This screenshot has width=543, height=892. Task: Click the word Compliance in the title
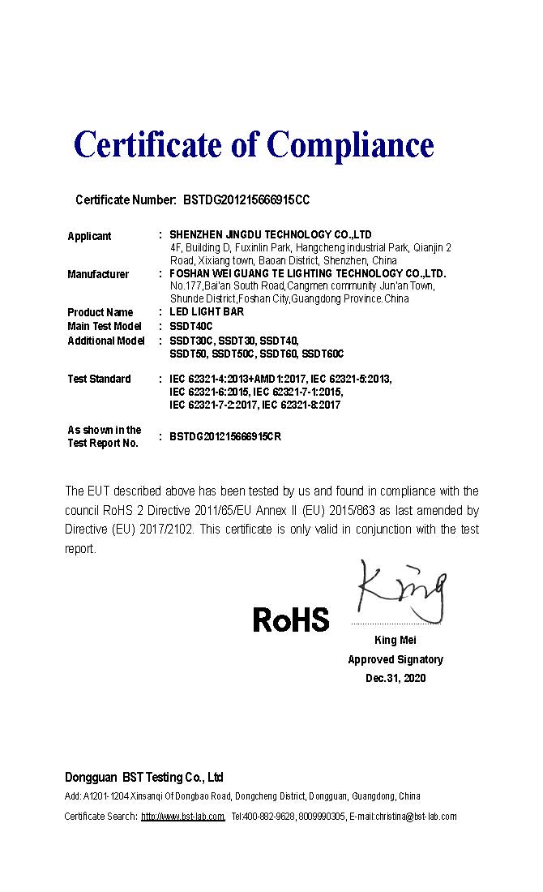pos(350,145)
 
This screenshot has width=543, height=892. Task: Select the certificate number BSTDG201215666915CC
pos(246,199)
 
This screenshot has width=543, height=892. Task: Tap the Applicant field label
pos(89,236)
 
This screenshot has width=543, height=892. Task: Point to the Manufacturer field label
pos(98,274)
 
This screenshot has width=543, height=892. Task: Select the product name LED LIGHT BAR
pos(207,312)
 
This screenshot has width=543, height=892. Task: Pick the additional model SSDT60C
pos(323,354)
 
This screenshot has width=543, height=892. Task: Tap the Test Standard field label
pos(99,379)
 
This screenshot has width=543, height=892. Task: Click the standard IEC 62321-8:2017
pos(301,405)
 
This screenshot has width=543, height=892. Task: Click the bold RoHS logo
pos(291,620)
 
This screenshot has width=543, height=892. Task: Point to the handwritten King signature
pos(400,591)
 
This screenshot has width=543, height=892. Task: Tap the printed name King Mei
pos(395,641)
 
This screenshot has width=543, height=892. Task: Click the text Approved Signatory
pos(395,659)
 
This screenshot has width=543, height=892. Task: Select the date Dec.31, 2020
pos(395,678)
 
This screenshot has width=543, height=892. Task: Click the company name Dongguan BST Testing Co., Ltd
pos(143,776)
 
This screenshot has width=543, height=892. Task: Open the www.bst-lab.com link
pos(182,817)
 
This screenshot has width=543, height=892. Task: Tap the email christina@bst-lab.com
pos(415,817)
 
